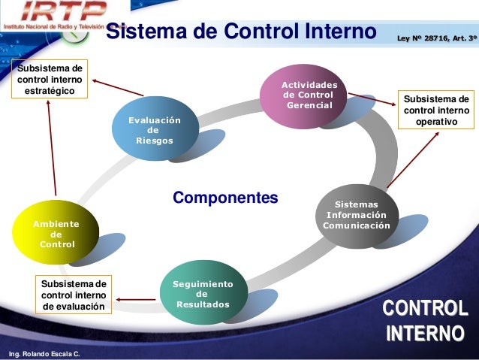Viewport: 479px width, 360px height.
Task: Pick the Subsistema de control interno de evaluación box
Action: tap(74, 295)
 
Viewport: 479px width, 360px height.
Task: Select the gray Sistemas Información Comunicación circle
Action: tap(357, 215)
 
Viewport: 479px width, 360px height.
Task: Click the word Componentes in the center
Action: tap(225, 198)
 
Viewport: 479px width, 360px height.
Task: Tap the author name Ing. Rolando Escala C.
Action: tap(44, 353)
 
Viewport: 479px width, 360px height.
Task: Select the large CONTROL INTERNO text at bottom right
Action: tap(424, 321)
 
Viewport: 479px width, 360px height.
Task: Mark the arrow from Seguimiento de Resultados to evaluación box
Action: tap(137, 301)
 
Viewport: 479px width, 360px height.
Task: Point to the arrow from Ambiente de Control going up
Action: tap(52, 143)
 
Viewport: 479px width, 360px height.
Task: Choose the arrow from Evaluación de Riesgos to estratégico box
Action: tap(116, 87)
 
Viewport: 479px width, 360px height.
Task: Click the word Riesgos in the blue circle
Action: tap(154, 141)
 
